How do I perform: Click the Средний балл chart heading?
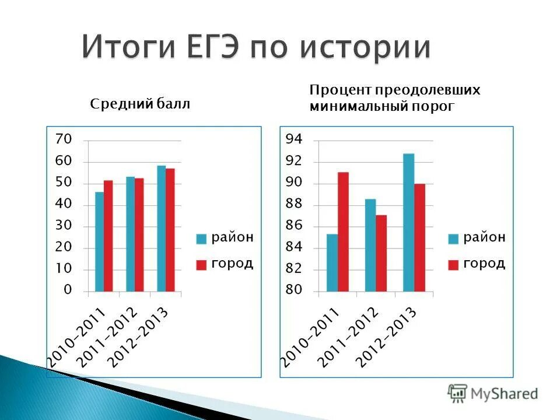pyautogui.click(x=141, y=104)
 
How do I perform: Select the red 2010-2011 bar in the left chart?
pyautogui.click(x=108, y=236)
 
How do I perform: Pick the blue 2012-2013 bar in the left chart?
pyautogui.click(x=161, y=228)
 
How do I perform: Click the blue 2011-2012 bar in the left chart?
pyautogui.click(x=130, y=234)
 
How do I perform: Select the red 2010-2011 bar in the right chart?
pyautogui.click(x=343, y=232)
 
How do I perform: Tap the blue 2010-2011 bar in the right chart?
pyautogui.click(x=332, y=262)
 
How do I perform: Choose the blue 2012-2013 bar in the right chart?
pyautogui.click(x=408, y=222)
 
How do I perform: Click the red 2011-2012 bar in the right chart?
pyautogui.click(x=381, y=253)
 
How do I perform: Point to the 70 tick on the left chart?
pyautogui.click(x=63, y=139)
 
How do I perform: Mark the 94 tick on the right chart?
pyautogui.click(x=294, y=139)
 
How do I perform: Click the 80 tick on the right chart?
pyautogui.click(x=294, y=290)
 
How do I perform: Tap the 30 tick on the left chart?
pyautogui.click(x=63, y=226)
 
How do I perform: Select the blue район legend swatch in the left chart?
pyautogui.click(x=201, y=239)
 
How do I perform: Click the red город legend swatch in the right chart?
pyautogui.click(x=453, y=265)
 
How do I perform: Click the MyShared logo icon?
pyautogui.click(x=457, y=393)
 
